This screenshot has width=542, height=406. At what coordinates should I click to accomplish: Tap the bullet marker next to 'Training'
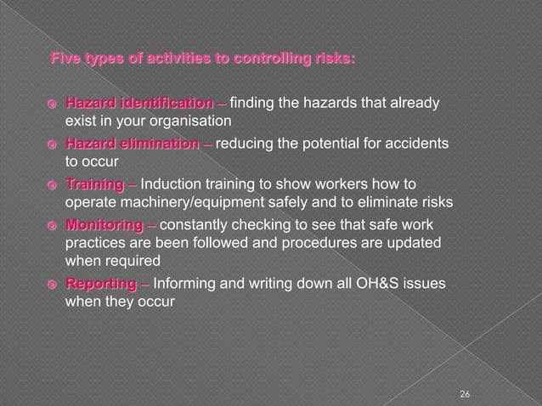pyautogui.click(x=51, y=184)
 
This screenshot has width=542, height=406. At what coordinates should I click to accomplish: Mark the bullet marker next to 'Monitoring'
pyautogui.click(x=51, y=225)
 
